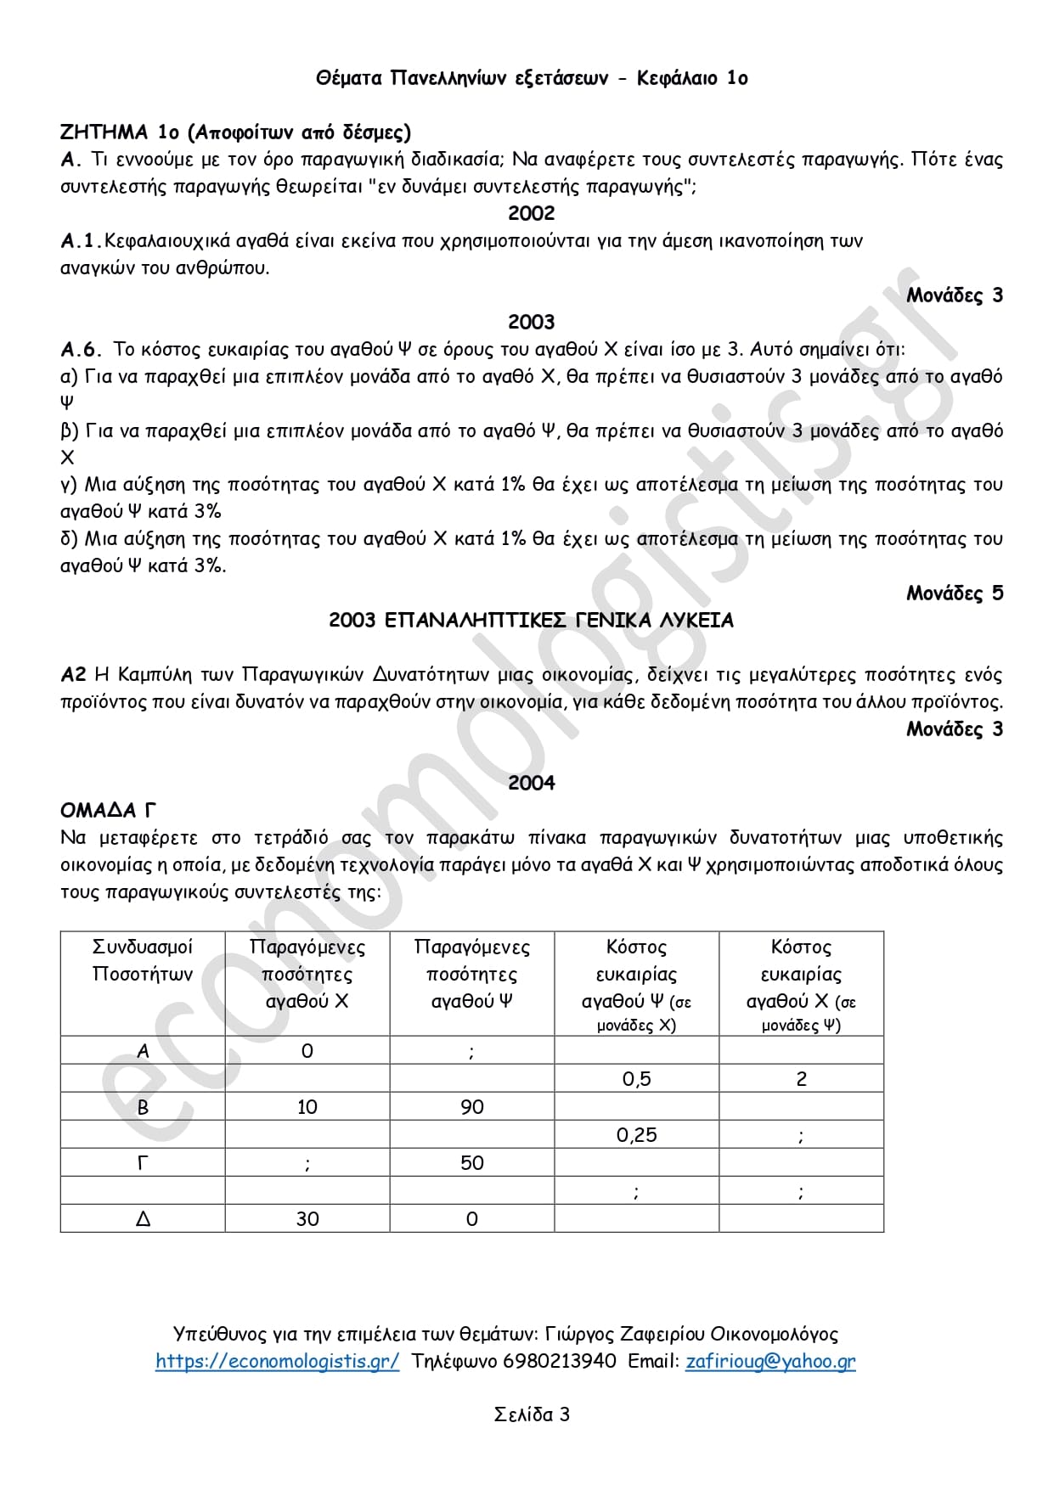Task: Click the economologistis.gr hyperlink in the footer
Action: click(x=277, y=1361)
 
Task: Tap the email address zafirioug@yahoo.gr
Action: click(x=770, y=1361)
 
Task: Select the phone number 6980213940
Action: click(x=560, y=1361)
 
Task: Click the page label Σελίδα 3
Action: click(x=532, y=1414)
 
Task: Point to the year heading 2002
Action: click(x=531, y=213)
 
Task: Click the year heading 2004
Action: click(x=531, y=783)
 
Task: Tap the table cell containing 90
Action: click(x=471, y=1107)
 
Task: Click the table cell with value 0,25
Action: click(x=636, y=1135)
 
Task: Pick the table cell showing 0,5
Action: click(x=636, y=1079)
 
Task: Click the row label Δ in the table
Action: click(x=143, y=1219)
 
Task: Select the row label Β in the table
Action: click(x=143, y=1107)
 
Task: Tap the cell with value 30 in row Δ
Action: click(x=307, y=1219)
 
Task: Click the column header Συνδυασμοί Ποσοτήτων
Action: click(x=143, y=960)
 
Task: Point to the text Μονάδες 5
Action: click(x=954, y=593)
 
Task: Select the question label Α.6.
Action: click(x=81, y=350)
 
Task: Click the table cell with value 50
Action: click(x=471, y=1163)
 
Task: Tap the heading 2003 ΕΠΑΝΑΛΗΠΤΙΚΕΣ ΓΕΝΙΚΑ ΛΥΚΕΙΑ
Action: click(x=531, y=621)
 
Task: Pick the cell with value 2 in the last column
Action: click(x=801, y=1079)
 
